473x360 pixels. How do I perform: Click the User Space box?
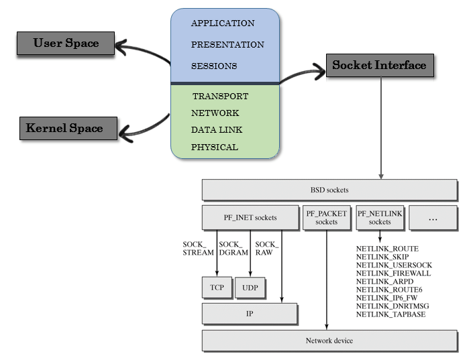[66, 44]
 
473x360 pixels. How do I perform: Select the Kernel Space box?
[64, 127]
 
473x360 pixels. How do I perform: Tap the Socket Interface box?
[379, 65]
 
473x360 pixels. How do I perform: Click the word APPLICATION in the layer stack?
[223, 23]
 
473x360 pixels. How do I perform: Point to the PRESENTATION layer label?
[227, 45]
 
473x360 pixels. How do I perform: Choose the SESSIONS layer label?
[214, 66]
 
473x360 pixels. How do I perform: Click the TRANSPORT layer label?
[220, 97]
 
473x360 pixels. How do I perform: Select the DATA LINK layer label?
[217, 130]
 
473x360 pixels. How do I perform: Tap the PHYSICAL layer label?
[215, 147]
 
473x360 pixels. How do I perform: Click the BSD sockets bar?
[329, 189]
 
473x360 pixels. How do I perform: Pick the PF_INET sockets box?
[250, 217]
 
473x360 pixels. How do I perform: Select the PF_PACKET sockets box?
[327, 217]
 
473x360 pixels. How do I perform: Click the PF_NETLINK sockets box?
[380, 217]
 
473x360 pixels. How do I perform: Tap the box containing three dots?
[433, 217]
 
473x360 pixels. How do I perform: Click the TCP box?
[216, 287]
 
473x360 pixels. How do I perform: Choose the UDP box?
[250, 287]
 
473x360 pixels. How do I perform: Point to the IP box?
[249, 312]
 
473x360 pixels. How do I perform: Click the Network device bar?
[329, 341]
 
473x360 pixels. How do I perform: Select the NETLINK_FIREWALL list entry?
[393, 274]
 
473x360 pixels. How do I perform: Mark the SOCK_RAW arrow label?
[267, 248]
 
